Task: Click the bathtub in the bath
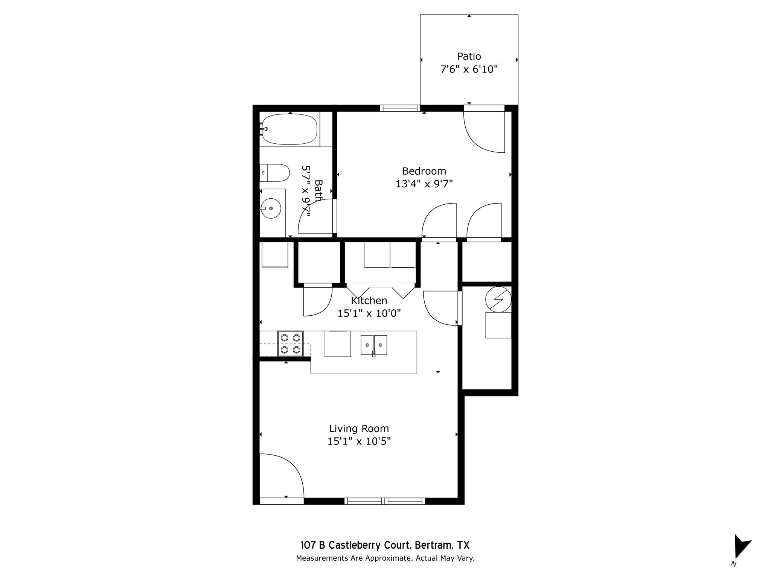click(289, 129)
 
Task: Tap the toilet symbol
click(275, 173)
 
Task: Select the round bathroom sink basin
click(271, 208)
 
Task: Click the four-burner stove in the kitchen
click(290, 344)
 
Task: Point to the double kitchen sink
click(374, 345)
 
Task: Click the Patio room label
click(469, 56)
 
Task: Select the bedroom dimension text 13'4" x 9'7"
click(424, 184)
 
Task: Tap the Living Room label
click(359, 428)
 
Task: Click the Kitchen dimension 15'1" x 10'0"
click(369, 313)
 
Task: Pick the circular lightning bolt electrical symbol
click(498, 300)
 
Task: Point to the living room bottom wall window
click(384, 501)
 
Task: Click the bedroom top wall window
click(400, 108)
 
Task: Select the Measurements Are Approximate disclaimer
click(385, 558)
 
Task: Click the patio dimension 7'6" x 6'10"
click(469, 69)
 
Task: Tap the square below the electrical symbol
click(498, 325)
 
